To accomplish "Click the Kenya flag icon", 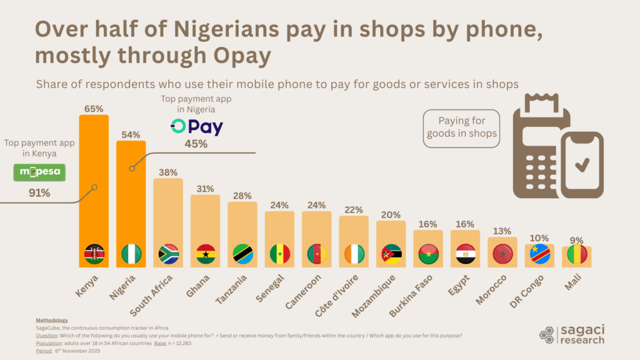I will coord(94,254).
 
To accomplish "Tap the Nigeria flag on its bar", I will coord(131,254).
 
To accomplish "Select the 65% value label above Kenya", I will coord(94,108).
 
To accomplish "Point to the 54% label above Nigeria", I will coord(131,134).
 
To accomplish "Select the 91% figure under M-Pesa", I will coord(39,192).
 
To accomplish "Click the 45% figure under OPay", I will coord(197,145).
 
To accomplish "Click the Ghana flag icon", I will coord(206,254).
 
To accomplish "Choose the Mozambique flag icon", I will coord(391,254).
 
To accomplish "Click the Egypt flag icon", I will coord(466,254).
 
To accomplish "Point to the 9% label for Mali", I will coord(577,239).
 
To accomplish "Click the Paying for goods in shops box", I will coord(462,128).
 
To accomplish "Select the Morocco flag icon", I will coord(502,254).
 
